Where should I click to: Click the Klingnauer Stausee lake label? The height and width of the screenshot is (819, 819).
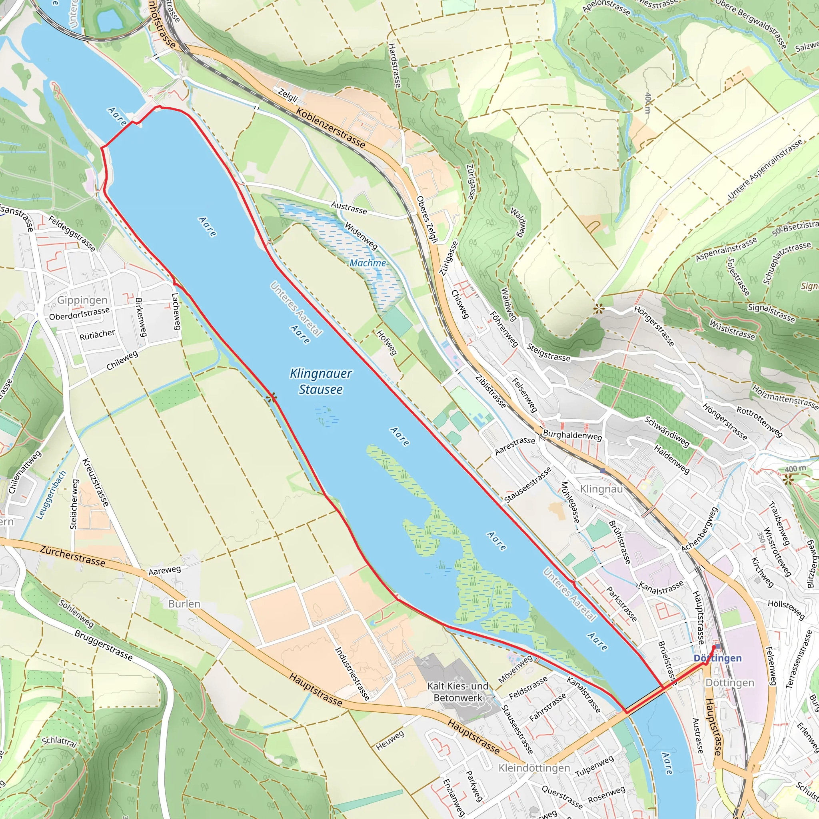pos(321,381)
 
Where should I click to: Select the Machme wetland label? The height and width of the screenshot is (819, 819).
pos(368,263)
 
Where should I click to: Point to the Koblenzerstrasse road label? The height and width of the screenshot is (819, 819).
pos(330,128)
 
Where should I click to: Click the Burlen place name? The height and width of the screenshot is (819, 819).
pos(184,603)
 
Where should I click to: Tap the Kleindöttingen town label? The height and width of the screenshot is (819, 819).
pos(534,768)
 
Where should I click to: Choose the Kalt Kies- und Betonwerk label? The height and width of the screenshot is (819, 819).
pos(457,692)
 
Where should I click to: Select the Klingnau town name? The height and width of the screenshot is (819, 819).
pos(601,489)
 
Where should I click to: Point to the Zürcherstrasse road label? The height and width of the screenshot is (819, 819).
pos(72,556)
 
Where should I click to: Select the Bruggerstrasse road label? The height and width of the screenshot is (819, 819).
pos(104,645)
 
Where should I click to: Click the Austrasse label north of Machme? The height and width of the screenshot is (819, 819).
pos(348,207)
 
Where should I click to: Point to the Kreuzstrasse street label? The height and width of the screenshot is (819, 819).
pos(96,482)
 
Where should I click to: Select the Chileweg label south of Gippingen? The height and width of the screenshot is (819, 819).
pos(122,360)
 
